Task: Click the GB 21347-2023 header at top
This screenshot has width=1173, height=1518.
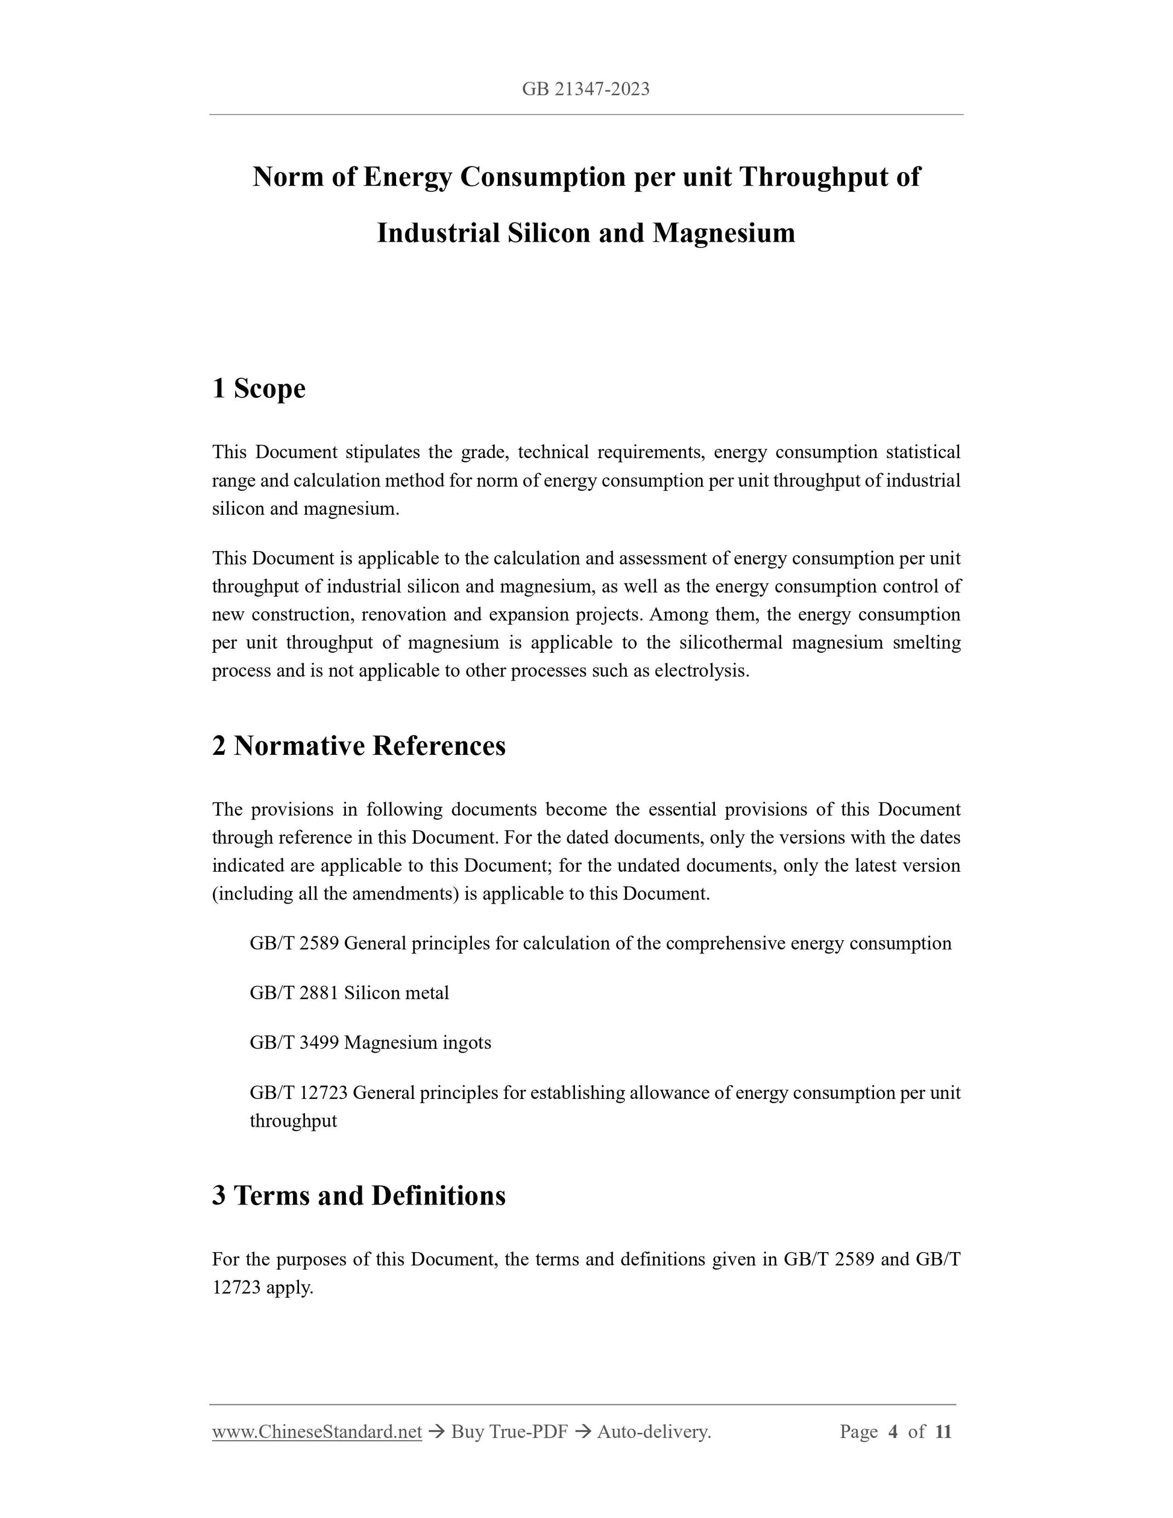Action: point(586,89)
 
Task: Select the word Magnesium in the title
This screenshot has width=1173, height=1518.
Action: point(723,233)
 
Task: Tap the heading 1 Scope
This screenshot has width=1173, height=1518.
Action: point(259,388)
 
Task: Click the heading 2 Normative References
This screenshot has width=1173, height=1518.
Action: point(359,745)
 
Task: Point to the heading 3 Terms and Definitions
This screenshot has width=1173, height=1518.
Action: point(359,1195)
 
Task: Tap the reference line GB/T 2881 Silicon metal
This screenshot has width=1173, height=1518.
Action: point(349,992)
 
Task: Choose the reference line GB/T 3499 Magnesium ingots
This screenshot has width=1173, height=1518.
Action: point(370,1042)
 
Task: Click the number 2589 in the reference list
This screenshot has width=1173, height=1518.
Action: point(319,943)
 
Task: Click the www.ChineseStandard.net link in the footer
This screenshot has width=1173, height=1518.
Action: point(317,1432)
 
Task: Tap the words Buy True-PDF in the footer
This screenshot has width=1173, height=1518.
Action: point(509,1432)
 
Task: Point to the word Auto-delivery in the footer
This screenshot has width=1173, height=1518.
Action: point(653,1432)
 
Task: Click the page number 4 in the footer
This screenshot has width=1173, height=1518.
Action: point(893,1432)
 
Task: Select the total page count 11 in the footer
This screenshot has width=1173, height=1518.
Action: point(943,1432)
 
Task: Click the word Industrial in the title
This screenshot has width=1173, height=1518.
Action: point(438,233)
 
